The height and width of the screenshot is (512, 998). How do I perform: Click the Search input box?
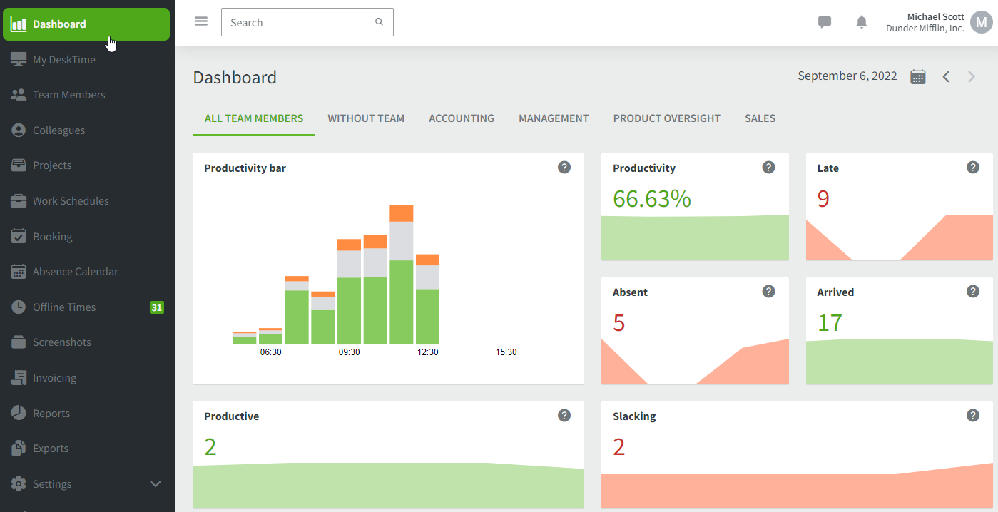(300, 23)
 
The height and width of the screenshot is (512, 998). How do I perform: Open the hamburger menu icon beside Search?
(201, 21)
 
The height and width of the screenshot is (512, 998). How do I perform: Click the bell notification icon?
(862, 22)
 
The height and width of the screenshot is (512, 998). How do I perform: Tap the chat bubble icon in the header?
(825, 22)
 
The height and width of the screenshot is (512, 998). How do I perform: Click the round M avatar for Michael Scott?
(981, 23)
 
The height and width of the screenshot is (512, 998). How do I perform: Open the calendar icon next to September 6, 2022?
(918, 77)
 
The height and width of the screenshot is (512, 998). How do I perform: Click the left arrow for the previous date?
(946, 77)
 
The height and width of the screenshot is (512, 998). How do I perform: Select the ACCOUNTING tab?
(462, 118)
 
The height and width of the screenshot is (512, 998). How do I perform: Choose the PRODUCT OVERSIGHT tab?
(666, 118)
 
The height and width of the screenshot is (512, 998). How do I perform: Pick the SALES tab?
(760, 118)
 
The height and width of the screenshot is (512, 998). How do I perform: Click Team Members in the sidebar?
(68, 95)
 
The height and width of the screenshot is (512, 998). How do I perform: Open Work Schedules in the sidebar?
(71, 201)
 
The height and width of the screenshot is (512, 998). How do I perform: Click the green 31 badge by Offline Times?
(156, 307)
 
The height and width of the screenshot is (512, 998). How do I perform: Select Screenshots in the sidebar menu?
(61, 342)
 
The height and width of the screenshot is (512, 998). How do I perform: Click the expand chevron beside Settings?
(156, 484)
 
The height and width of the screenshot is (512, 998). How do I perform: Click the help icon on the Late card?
(972, 168)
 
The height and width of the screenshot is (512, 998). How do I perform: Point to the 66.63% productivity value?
(652, 199)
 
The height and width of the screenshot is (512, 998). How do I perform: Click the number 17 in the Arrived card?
(830, 323)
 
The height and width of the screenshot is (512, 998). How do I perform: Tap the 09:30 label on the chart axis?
(349, 352)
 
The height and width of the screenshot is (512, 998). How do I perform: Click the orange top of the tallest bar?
(402, 213)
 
